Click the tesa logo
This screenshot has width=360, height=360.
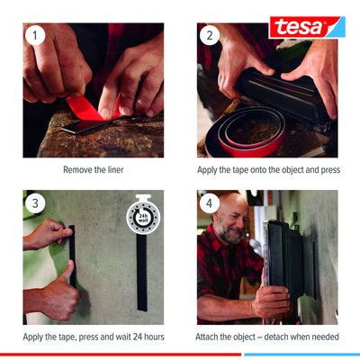(x=307, y=27)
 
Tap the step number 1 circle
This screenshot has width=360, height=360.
(x=35, y=36)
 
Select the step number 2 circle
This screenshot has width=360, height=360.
(x=210, y=36)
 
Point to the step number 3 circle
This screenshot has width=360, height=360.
(x=35, y=203)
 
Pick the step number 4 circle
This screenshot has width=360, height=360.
(x=210, y=203)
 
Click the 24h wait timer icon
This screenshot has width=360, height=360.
(x=143, y=215)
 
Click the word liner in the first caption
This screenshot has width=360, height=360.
(x=115, y=170)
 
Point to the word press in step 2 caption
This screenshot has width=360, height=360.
(x=330, y=170)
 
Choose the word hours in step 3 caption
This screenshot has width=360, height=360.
(x=154, y=337)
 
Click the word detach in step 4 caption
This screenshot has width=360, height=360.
(x=275, y=337)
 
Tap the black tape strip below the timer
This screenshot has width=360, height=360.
(x=142, y=273)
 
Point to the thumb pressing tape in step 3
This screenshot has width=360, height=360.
(x=69, y=271)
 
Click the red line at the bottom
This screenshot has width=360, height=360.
(x=121, y=355)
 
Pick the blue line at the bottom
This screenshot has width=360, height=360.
(x=302, y=355)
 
